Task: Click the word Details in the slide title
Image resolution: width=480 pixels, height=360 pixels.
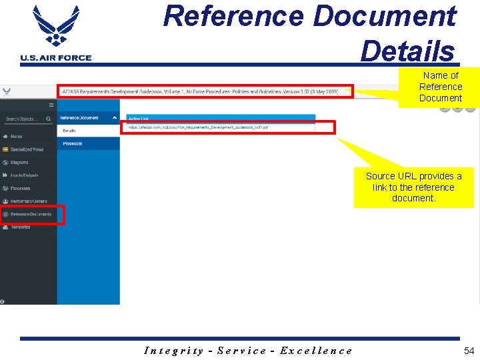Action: (x=407, y=50)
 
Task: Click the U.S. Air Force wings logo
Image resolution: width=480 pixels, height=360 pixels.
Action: (x=55, y=27)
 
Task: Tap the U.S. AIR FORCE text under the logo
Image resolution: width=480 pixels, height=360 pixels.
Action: (x=56, y=58)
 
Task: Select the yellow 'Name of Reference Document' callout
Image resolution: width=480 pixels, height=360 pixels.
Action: (x=440, y=87)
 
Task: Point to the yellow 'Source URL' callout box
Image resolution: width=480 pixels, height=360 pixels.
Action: (x=413, y=187)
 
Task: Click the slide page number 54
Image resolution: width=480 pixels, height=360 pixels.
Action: (x=469, y=351)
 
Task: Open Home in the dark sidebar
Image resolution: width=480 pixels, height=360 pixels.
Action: (x=16, y=137)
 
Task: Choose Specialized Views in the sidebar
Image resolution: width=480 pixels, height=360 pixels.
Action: (x=27, y=149)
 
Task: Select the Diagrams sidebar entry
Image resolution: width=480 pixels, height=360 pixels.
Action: (x=19, y=163)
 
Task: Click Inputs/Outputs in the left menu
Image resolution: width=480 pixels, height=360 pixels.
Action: (x=24, y=175)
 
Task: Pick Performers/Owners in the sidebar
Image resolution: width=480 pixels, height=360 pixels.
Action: (x=29, y=201)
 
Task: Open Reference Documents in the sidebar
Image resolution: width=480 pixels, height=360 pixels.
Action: (x=31, y=215)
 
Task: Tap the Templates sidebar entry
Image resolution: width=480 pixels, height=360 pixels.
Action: (x=20, y=227)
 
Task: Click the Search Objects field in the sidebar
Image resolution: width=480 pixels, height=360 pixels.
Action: (x=25, y=119)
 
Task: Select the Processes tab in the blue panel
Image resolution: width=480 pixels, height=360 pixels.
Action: (x=73, y=143)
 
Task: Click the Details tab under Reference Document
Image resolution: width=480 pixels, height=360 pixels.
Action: (x=70, y=131)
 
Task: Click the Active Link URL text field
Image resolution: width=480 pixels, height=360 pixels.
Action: (x=220, y=127)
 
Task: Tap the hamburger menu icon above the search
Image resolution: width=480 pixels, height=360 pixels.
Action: (x=51, y=105)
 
